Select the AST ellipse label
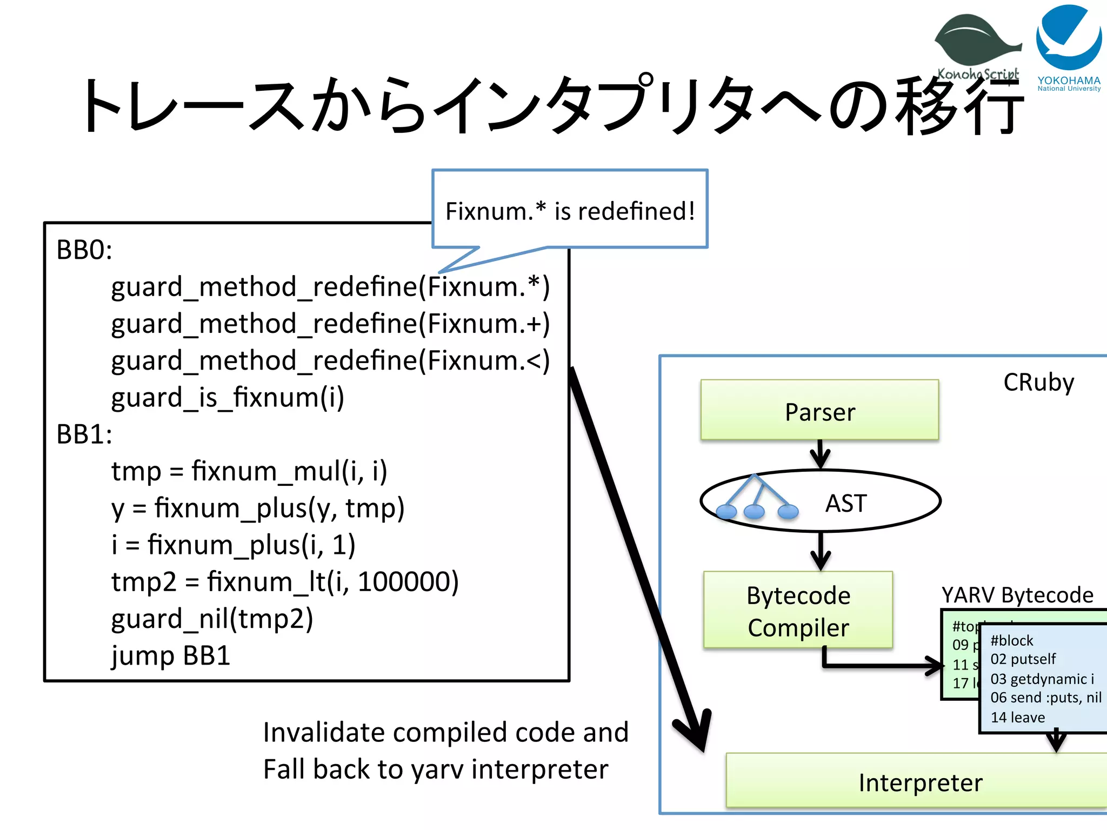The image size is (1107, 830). click(846, 503)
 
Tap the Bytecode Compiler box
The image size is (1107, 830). click(798, 611)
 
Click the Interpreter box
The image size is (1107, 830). click(920, 782)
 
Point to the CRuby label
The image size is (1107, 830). click(1038, 383)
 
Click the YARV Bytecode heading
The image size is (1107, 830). click(1017, 595)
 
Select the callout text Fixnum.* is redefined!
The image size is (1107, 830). click(570, 211)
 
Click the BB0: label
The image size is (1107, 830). click(84, 250)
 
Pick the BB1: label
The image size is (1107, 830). click(84, 434)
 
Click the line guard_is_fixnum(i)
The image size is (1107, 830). click(227, 398)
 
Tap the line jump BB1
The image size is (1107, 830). click(171, 655)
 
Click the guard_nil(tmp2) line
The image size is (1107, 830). click(212, 619)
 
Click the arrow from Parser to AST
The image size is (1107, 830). click(820, 454)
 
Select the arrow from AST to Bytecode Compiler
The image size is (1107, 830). click(821, 551)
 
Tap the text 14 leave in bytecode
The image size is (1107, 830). click(1017, 718)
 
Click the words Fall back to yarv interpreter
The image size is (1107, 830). click(436, 769)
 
